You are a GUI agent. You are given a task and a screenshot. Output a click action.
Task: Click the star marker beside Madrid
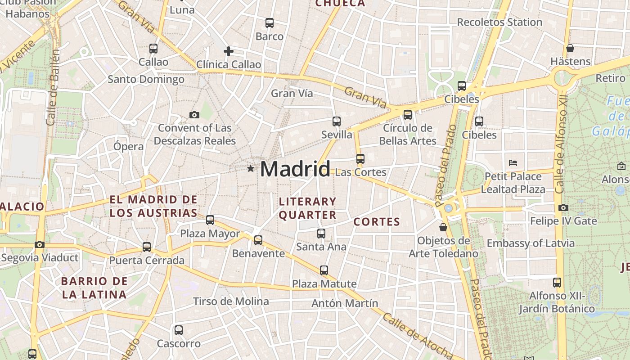[251, 169]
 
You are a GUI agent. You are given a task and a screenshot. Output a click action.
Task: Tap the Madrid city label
[295, 169]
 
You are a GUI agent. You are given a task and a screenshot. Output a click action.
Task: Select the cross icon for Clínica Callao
[229, 51]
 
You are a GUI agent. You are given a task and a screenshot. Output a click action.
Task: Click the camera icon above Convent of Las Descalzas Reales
[194, 115]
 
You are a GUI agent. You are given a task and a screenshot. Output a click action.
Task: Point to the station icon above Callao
[153, 49]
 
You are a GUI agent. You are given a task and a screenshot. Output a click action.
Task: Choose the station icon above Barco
[270, 23]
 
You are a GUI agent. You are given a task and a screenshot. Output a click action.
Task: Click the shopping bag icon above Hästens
[570, 48]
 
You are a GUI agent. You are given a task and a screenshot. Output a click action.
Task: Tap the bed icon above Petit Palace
[513, 163]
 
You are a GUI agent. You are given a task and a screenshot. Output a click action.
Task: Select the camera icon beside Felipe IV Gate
[563, 208]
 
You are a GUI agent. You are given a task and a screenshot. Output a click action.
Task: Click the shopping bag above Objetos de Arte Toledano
[443, 227]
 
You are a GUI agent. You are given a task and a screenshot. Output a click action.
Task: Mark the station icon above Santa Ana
[321, 234]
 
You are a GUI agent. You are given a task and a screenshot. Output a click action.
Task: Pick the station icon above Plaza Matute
[324, 270]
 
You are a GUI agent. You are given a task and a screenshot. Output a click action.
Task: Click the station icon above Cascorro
[179, 330]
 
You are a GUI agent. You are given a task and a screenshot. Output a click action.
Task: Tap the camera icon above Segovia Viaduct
[40, 245]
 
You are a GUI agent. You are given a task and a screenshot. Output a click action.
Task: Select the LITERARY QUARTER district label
[308, 208]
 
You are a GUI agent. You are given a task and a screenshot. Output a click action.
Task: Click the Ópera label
[129, 146]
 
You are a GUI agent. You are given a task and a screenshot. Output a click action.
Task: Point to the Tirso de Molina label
[231, 301]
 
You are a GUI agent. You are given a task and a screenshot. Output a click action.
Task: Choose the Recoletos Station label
[499, 22]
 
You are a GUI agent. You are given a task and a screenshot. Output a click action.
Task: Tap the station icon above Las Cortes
[360, 159]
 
